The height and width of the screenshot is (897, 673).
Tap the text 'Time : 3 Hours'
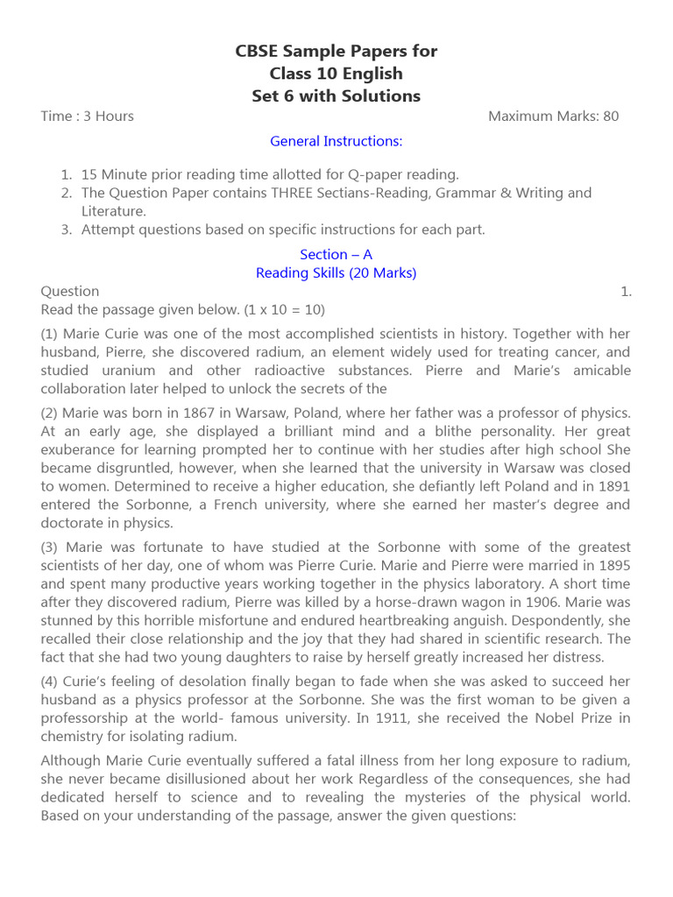pyautogui.click(x=87, y=116)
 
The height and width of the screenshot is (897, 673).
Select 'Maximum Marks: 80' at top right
pyautogui.click(x=553, y=116)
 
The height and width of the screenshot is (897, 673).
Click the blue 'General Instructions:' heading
pyautogui.click(x=336, y=141)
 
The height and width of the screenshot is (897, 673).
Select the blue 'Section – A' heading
pyautogui.click(x=336, y=254)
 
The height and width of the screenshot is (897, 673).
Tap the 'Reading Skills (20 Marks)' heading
pyautogui.click(x=336, y=272)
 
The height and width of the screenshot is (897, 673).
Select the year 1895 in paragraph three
pyautogui.click(x=613, y=565)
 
